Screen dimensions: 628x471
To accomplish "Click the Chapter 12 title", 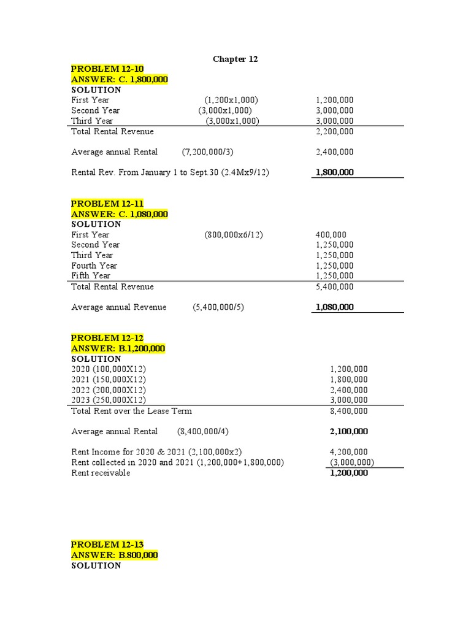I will pyautogui.click(x=235, y=59).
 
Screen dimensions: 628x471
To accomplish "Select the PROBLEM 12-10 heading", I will pyautogui.click(x=107, y=69).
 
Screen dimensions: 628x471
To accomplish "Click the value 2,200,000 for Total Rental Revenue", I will pyautogui.click(x=334, y=131).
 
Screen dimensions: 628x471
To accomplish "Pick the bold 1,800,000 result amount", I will pyautogui.click(x=334, y=172).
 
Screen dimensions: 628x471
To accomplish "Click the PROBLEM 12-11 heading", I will pyautogui.click(x=107, y=204).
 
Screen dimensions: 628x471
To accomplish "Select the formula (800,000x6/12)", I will pyautogui.click(x=234, y=235).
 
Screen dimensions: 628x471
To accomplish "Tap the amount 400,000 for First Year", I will pyautogui.click(x=331, y=235).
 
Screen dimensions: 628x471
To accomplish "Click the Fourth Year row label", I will pyautogui.click(x=94, y=266).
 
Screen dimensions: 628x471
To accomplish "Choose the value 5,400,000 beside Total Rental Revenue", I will pyautogui.click(x=334, y=286).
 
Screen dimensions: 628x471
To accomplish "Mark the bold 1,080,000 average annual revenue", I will pyautogui.click(x=334, y=307).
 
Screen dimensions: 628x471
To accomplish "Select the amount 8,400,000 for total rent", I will pyautogui.click(x=349, y=411).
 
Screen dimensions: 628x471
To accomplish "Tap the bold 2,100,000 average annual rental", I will pyautogui.click(x=349, y=432).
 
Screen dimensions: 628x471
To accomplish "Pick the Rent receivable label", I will pyautogui.click(x=101, y=473).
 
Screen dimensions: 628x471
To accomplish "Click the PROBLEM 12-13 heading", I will pyautogui.click(x=107, y=545).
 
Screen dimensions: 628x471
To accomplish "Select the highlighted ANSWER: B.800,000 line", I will pyautogui.click(x=115, y=555).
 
